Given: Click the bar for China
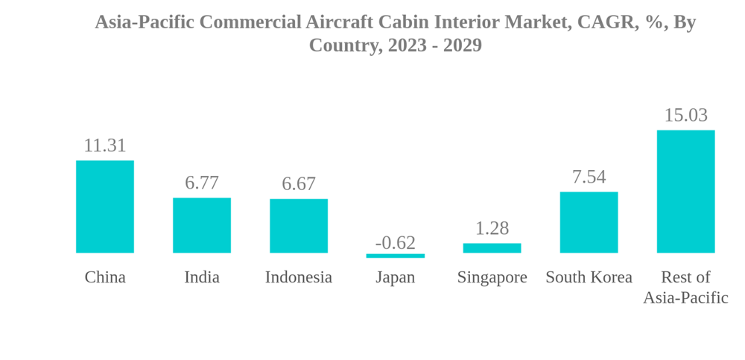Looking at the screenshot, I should (105, 206).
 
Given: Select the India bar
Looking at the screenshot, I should (202, 225).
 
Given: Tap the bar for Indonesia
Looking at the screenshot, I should (299, 226).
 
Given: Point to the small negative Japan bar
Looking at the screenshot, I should (396, 256).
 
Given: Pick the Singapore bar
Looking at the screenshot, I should (492, 248).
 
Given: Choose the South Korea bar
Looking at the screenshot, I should (589, 222).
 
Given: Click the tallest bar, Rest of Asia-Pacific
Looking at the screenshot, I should (685, 192).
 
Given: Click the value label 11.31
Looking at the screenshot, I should (105, 145).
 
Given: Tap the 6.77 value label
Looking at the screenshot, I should (202, 183).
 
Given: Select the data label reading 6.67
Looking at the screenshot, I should (299, 183).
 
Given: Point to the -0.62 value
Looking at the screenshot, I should (396, 242).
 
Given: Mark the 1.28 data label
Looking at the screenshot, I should (492, 228).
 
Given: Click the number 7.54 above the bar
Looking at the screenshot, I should (589, 177).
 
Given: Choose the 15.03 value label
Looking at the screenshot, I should (685, 116).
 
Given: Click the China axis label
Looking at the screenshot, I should (105, 277).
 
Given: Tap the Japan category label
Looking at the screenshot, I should (396, 277).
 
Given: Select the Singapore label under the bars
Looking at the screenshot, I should (492, 277).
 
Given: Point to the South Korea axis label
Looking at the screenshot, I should (589, 277).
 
